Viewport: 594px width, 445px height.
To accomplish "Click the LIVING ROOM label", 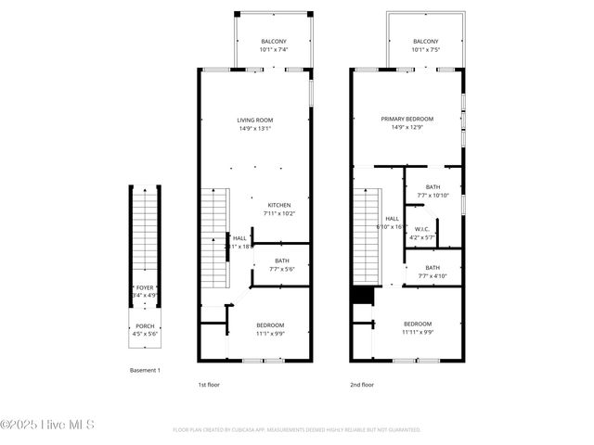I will coord(254,120).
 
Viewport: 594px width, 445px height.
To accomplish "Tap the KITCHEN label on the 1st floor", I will coord(279,205).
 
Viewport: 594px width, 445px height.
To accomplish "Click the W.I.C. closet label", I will coord(422,229).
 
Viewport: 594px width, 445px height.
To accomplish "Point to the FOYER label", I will coord(145,287).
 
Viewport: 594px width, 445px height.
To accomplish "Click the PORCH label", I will coord(145,325).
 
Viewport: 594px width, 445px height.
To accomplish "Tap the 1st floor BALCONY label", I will coord(273,42).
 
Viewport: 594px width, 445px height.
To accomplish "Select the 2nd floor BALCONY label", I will coord(425,42).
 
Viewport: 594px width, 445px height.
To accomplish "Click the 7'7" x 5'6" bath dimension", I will coord(281,269).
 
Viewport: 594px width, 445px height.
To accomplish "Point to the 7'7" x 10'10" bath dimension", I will coord(433,195).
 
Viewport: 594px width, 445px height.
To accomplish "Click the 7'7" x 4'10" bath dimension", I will coord(433,275).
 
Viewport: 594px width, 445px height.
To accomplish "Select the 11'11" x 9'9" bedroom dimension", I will coord(417,332).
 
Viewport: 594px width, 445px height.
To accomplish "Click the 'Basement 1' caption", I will coord(145,370).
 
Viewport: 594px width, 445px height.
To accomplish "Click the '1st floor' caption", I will coord(209,384).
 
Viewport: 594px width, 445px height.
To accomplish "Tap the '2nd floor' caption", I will coord(362,384).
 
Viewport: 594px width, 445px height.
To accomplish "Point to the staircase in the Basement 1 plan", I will coord(145,232).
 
